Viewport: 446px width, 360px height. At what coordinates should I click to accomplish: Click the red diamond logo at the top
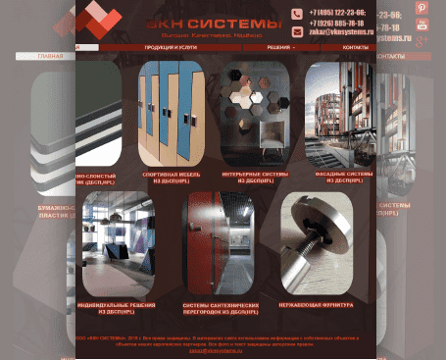[x=98, y=22]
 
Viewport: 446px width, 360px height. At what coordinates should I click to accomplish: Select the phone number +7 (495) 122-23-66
[x=337, y=13]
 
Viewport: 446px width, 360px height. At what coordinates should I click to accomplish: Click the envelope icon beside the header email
[x=297, y=32]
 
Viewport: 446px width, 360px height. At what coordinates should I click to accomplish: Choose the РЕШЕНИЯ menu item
[x=279, y=47]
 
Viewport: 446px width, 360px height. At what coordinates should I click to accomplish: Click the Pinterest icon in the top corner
[x=422, y=8]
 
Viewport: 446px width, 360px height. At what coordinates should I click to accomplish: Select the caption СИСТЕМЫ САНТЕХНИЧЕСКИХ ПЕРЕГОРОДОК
[x=220, y=307]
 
